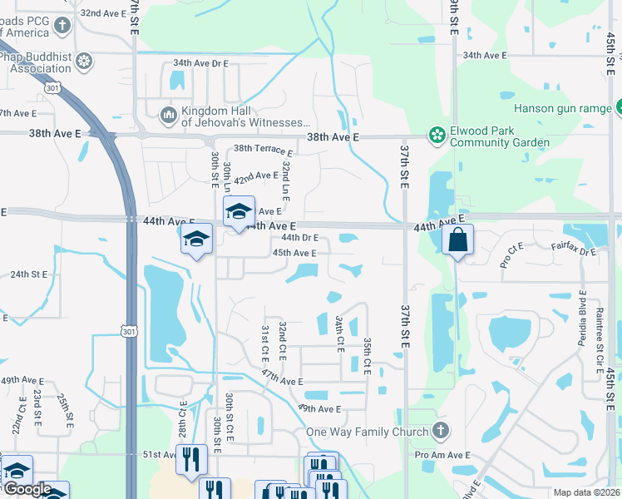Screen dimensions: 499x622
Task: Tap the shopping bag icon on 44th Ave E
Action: [457, 240]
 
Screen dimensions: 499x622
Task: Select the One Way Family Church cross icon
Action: [441, 431]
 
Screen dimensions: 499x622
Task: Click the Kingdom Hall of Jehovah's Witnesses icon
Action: [169, 114]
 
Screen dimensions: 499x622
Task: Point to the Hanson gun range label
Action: [563, 108]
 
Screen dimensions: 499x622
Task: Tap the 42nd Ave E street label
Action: [255, 176]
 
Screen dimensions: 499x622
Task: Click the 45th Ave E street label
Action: [294, 253]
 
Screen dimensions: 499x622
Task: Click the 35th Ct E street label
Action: [367, 355]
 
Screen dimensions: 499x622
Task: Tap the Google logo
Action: [27, 489]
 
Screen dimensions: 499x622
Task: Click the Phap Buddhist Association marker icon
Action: [83, 60]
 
